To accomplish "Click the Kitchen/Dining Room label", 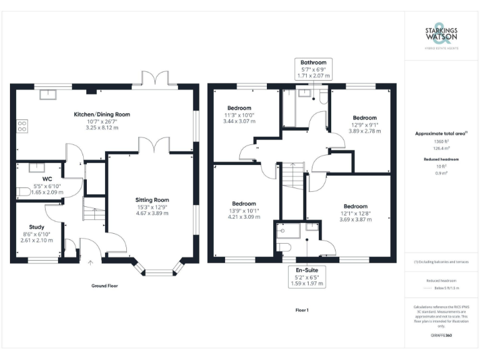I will point(102,114).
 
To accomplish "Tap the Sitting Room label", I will point(153,199).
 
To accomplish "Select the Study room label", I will point(36,227).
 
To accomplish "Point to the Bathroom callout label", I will point(313,62).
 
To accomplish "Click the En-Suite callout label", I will point(306,271).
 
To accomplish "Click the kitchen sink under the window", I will point(47,95).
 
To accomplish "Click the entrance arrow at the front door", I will point(91,263).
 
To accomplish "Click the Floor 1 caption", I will point(302,310).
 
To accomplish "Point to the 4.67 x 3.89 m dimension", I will point(153,213).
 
